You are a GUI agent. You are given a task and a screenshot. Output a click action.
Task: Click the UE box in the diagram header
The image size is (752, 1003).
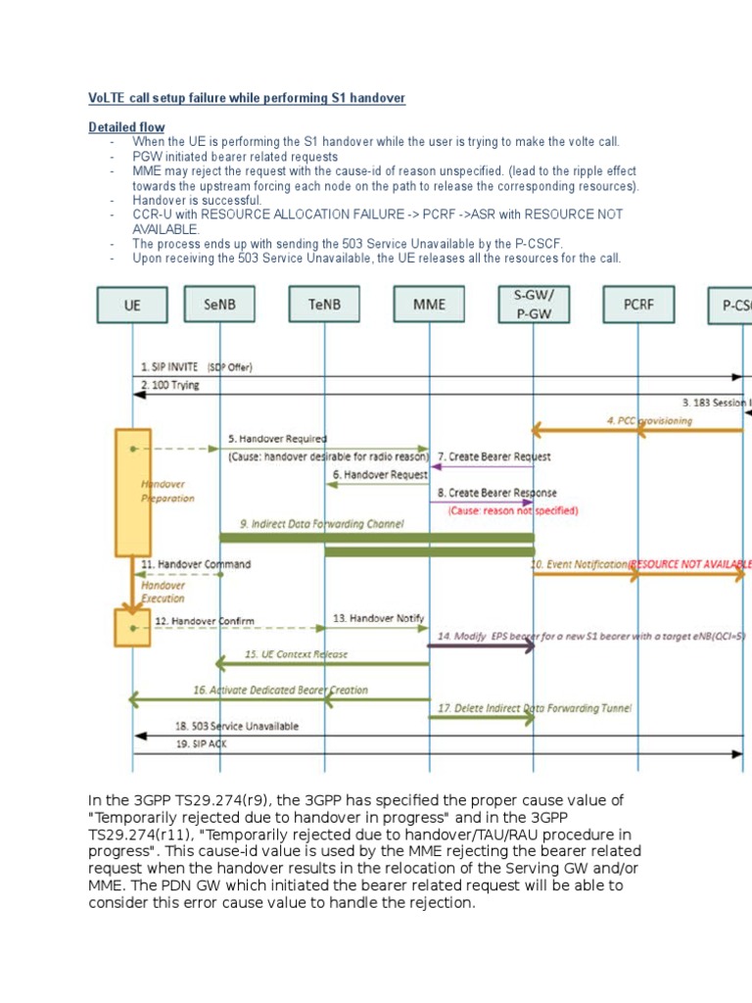coord(132,305)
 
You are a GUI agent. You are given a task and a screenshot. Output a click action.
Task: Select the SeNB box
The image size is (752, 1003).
coord(219,305)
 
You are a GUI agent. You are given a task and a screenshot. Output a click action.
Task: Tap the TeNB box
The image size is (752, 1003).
coord(324,305)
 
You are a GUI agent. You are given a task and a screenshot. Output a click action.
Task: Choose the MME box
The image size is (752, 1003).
coord(429,305)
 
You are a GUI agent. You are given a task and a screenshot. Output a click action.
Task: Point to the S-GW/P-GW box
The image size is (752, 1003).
coord(533,304)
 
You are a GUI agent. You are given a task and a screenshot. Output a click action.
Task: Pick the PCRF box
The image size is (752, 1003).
coord(638,305)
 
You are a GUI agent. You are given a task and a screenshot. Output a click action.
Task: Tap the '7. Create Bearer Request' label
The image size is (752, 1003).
coord(494,456)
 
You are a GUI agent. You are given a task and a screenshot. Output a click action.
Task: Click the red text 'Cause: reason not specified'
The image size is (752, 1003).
coord(513,510)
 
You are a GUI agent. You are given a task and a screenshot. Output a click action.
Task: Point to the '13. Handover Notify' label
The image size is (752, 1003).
coord(379,618)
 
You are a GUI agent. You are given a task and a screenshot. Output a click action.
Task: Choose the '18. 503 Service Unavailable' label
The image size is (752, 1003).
coord(237,727)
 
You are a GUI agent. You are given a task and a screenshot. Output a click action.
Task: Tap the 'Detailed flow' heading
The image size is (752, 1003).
coord(126,127)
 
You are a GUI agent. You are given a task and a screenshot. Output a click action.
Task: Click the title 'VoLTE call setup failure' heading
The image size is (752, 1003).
coord(247,99)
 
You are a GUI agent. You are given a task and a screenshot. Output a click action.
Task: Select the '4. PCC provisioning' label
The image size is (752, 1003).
coord(648,420)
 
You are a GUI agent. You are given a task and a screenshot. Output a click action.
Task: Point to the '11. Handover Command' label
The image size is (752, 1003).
coord(195,564)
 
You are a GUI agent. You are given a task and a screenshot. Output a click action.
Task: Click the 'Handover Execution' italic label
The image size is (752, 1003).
coord(163,591)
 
